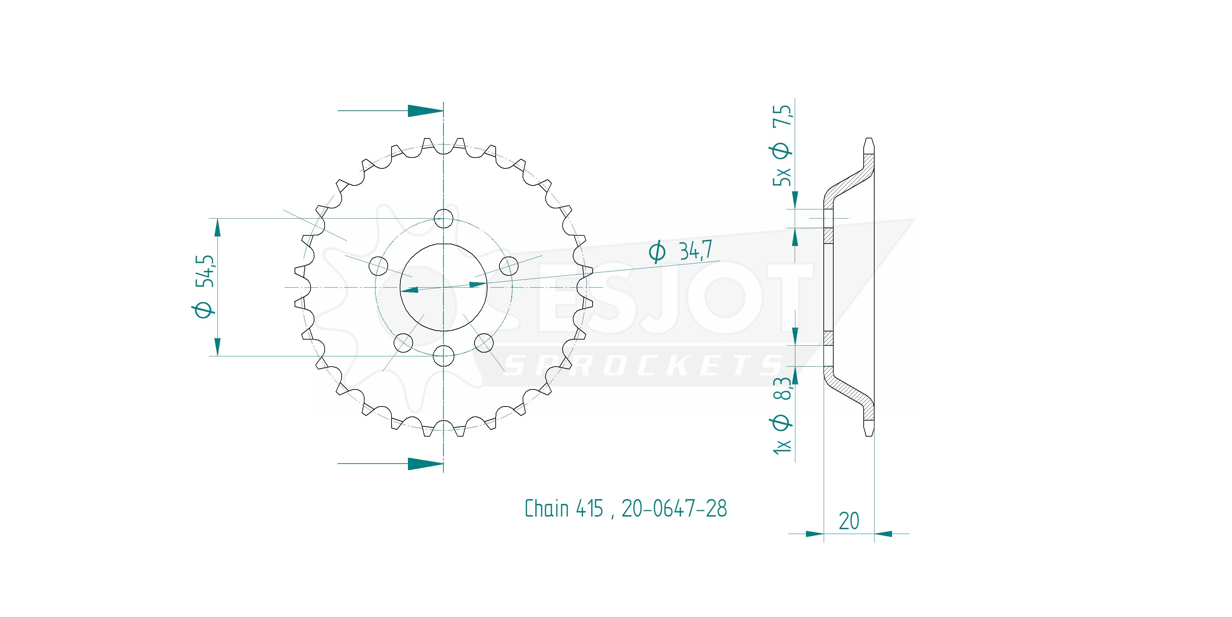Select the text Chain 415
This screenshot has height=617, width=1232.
pyautogui.click(x=564, y=508)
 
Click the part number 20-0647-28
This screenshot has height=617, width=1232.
pyautogui.click(x=674, y=508)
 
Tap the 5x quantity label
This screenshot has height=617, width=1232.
pyautogui.click(x=782, y=177)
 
